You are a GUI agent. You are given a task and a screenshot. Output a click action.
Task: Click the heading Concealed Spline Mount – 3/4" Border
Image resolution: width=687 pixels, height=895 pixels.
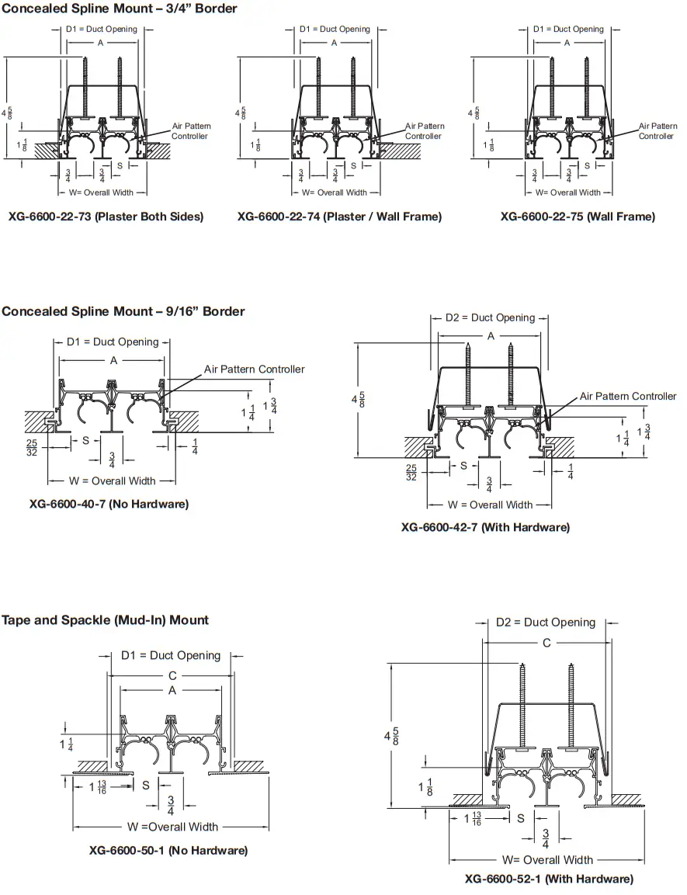pos(120,9)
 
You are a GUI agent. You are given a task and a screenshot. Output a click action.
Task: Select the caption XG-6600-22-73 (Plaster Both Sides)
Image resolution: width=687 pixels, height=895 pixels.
pos(106,217)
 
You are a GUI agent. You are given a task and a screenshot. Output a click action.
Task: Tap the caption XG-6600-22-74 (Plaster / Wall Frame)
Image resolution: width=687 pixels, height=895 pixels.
pos(339,217)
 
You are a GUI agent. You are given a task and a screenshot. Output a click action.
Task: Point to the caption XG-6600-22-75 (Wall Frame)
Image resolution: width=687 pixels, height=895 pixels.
pos(578,217)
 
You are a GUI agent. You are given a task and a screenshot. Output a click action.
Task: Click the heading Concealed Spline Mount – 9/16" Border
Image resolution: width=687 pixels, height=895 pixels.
pos(123,311)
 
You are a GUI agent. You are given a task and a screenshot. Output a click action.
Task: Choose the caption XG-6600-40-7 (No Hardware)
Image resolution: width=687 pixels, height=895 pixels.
pos(109,504)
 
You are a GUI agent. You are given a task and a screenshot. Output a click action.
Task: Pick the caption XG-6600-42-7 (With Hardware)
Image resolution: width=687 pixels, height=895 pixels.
pos(485,527)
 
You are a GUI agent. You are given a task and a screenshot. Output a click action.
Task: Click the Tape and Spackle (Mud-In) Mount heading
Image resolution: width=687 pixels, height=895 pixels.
pos(105,620)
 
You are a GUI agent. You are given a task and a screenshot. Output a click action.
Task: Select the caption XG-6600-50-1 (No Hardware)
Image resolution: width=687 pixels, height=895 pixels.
pos(168,851)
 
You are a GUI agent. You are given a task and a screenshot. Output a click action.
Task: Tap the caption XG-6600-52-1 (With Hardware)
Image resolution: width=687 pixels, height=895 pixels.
pos(549,879)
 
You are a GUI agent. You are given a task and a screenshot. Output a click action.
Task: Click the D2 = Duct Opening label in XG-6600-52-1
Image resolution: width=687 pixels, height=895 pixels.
pos(546,623)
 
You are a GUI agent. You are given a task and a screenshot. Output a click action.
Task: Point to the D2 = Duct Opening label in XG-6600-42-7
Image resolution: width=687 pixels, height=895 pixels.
pos(490,317)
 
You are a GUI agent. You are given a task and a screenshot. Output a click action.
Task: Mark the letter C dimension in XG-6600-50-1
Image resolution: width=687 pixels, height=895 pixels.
pos(172,675)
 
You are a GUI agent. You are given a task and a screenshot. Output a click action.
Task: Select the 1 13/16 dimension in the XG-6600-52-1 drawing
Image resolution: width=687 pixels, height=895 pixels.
pos(472,818)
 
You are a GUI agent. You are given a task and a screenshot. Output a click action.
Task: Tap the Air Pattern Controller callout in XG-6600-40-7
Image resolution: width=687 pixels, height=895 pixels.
pos(255,369)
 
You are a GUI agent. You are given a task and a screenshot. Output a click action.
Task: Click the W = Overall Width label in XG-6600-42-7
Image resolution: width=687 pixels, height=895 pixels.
pos(491,505)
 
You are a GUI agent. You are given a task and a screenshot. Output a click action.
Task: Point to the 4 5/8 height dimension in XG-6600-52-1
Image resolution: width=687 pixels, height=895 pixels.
pos(396,735)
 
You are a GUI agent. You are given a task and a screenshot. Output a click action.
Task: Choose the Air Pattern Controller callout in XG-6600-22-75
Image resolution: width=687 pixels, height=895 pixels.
pos(658,130)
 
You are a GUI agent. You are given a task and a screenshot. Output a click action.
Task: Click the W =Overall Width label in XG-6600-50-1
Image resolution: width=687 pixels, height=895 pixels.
pos(173,827)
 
